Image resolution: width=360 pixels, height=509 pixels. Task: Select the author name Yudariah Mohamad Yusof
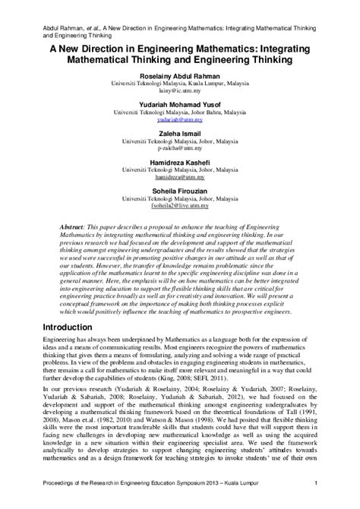coord(179,105)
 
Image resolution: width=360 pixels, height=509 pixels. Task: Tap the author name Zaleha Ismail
coord(179,132)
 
